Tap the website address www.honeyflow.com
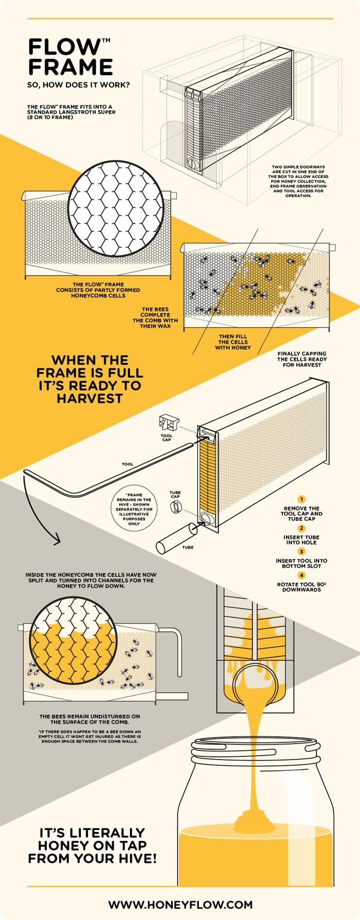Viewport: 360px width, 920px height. click(180, 904)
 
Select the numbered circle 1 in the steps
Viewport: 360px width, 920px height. click(301, 499)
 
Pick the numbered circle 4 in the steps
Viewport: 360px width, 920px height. click(301, 575)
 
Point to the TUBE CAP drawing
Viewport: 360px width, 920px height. click(175, 507)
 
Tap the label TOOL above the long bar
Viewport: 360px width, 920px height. click(128, 464)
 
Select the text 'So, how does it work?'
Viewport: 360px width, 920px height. click(79, 85)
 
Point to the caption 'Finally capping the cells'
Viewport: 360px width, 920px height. click(301, 359)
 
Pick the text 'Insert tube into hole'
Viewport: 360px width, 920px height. click(301, 539)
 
